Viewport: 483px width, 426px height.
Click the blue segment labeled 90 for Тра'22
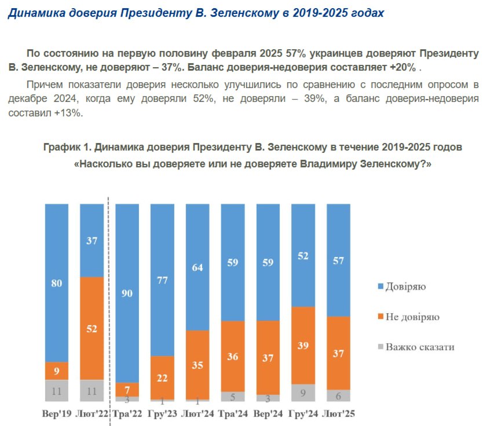pyautogui.click(x=127, y=293)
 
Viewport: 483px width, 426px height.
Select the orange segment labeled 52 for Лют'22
pyautogui.click(x=92, y=328)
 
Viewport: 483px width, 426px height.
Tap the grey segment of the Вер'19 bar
pyautogui.click(x=57, y=391)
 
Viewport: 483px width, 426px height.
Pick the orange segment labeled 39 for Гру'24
pyautogui.click(x=303, y=345)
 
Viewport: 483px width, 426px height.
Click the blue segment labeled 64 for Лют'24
pyautogui.click(x=197, y=267)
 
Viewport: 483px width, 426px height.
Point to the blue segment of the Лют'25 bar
pyautogui.click(x=339, y=260)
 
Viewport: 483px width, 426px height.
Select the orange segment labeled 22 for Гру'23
pyautogui.click(x=162, y=377)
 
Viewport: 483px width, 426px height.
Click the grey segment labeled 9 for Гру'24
pyautogui.click(x=303, y=392)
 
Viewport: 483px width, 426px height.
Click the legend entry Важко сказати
pyautogui.click(x=415, y=347)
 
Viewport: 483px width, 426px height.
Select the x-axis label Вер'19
pyautogui.click(x=57, y=414)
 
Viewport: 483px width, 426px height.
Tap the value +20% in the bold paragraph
pyautogui.click(x=402, y=67)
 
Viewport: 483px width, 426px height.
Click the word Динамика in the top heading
pyautogui.click(x=31, y=13)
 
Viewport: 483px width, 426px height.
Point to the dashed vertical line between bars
pyautogui.click(x=109, y=301)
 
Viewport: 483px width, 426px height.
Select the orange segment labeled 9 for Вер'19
pyautogui.click(x=57, y=371)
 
